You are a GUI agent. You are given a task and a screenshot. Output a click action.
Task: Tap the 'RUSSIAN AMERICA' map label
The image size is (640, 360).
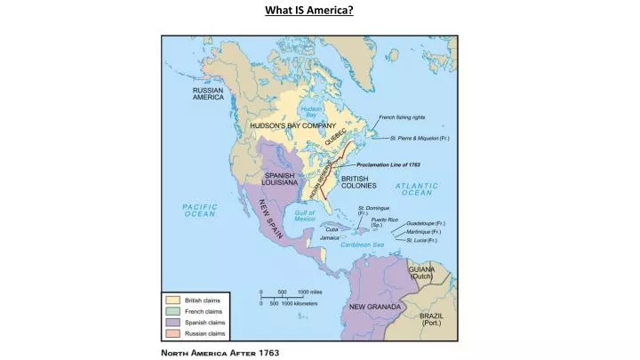coord(208,93)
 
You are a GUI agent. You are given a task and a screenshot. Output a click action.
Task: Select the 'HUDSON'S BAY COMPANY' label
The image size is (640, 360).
coord(292,126)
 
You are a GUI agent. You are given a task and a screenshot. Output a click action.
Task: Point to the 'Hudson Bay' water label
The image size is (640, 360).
coord(312,110)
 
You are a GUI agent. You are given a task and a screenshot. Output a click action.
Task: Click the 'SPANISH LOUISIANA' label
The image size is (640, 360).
coord(279,179)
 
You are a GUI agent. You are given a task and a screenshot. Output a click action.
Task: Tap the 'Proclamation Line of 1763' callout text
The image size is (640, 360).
coord(388,164)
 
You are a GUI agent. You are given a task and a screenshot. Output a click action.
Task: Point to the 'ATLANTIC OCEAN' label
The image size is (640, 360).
coord(419,188)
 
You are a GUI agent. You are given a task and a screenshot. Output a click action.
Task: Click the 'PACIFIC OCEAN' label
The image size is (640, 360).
coord(200,210)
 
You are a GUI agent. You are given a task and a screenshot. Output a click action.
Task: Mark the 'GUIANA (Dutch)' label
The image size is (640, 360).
coord(420,272)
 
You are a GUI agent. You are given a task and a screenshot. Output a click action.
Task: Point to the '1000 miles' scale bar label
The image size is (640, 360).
coord(309,292)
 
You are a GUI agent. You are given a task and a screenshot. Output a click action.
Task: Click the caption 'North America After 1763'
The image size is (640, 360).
coord(220,352)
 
